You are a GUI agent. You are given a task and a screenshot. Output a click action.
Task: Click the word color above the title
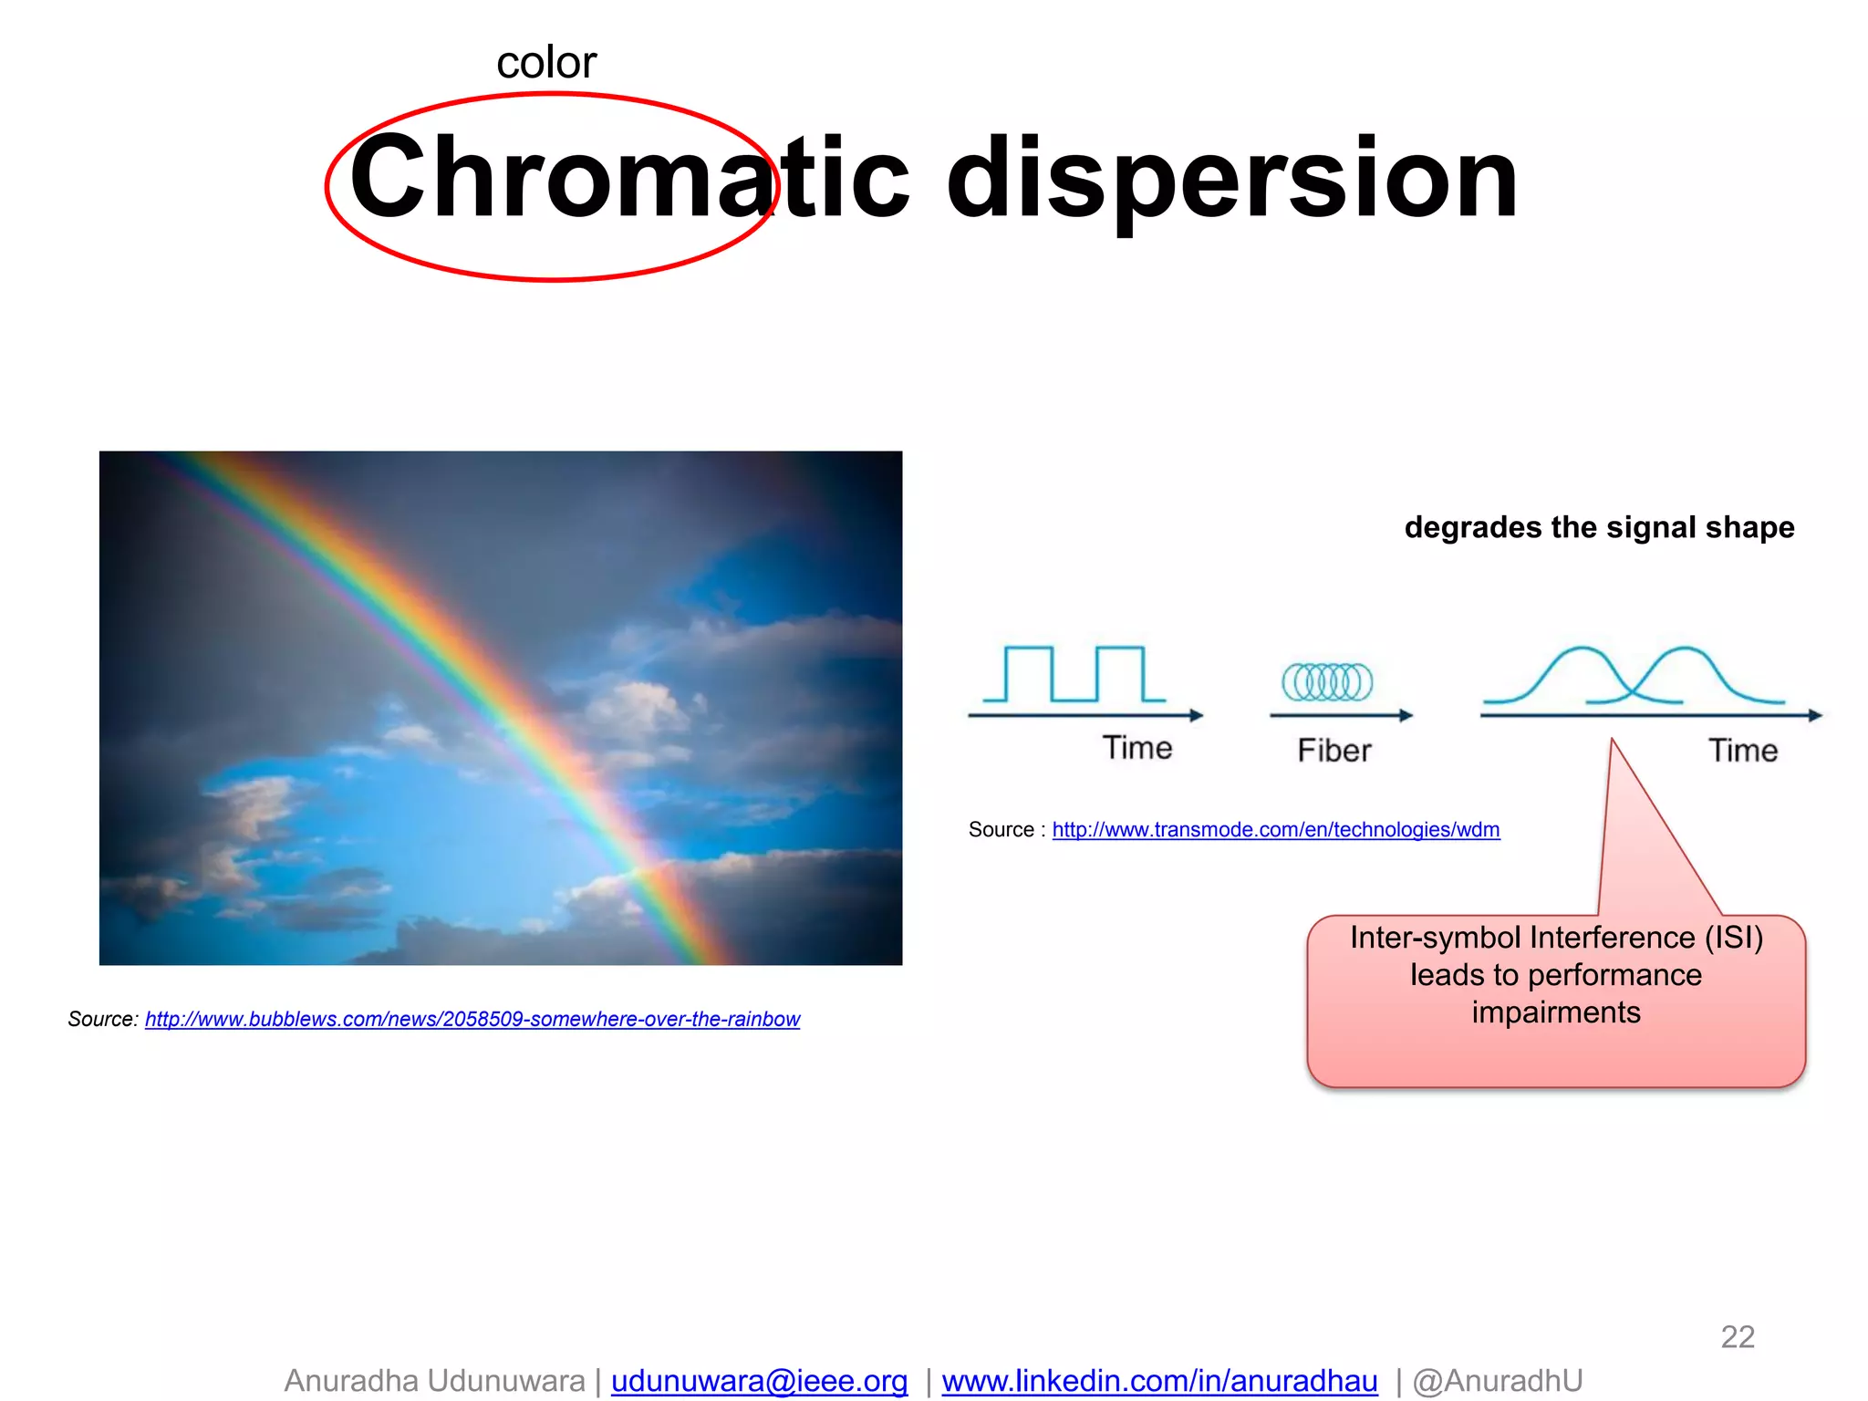[x=545, y=63]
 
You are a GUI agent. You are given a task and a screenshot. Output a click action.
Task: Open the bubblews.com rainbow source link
[x=472, y=1019]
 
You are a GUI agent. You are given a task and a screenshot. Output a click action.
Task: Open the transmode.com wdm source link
[x=1275, y=830]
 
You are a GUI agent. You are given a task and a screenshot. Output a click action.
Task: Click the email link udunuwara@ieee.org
[x=759, y=1380]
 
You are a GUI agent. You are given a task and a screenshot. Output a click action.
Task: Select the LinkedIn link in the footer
[x=1159, y=1380]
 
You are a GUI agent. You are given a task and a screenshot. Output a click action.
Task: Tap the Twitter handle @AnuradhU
[x=1497, y=1380]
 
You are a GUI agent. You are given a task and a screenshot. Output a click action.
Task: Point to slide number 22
[x=1737, y=1336]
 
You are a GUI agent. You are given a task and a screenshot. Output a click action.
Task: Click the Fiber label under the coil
[x=1334, y=751]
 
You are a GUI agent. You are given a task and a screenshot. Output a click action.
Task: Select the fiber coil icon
[x=1326, y=681]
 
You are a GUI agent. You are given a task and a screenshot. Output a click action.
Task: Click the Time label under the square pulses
[x=1136, y=748]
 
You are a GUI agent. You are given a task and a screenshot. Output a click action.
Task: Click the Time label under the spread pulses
[x=1742, y=751]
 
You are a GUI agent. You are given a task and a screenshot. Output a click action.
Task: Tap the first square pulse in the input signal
[x=1028, y=672]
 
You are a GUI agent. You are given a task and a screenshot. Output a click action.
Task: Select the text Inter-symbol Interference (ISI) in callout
[x=1556, y=938]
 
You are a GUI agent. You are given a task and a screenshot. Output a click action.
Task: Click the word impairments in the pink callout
[x=1555, y=1012]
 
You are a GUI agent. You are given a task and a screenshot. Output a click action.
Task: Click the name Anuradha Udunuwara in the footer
[x=434, y=1380]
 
